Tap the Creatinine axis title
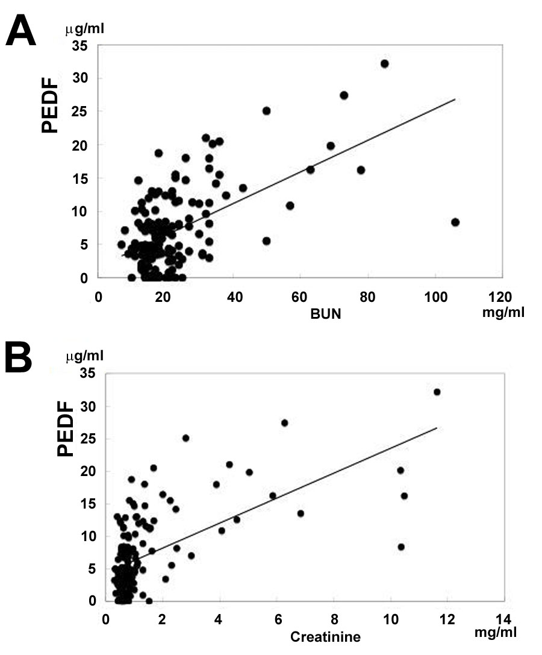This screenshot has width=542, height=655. tap(325, 637)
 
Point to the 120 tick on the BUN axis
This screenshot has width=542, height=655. tap(502, 296)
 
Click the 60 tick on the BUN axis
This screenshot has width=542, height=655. tap(300, 296)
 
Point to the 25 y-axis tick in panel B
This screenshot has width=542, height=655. tap(87, 439)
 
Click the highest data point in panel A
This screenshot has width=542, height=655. tap(384, 64)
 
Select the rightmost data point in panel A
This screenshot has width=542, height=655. tap(455, 222)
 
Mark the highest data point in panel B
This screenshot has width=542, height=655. tap(437, 392)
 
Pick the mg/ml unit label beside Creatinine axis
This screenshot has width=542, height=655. tap(495, 634)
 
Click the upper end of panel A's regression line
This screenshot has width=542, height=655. tap(455, 99)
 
